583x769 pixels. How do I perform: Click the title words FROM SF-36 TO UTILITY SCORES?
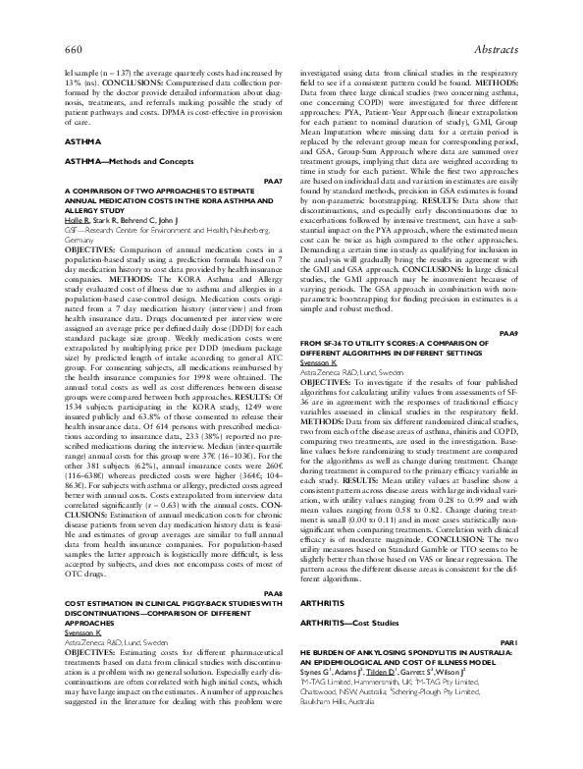[367, 343]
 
